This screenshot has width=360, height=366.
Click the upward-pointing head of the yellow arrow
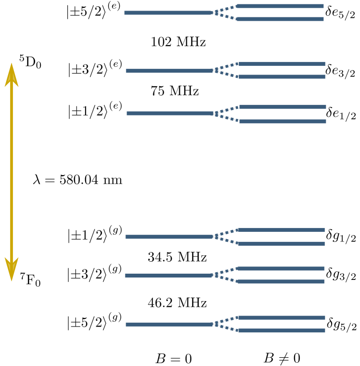12,75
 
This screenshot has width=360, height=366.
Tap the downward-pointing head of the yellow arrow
12,269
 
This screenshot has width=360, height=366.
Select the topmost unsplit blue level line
168,13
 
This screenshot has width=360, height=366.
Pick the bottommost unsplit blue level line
169,325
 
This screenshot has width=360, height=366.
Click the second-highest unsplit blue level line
169,71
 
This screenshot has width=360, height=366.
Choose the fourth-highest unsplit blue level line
169,237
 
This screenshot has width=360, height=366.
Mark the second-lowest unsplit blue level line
168,276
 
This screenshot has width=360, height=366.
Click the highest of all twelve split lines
280,6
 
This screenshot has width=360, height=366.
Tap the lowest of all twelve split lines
282,331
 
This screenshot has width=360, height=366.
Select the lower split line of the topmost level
280,19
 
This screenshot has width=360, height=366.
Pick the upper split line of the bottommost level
282,318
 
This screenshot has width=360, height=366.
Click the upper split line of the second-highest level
282,64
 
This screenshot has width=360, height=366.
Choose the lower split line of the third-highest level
283,122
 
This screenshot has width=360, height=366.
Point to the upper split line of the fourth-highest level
281,230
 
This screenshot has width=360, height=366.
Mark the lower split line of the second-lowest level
281,282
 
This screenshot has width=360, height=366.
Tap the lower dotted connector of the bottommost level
226,328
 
